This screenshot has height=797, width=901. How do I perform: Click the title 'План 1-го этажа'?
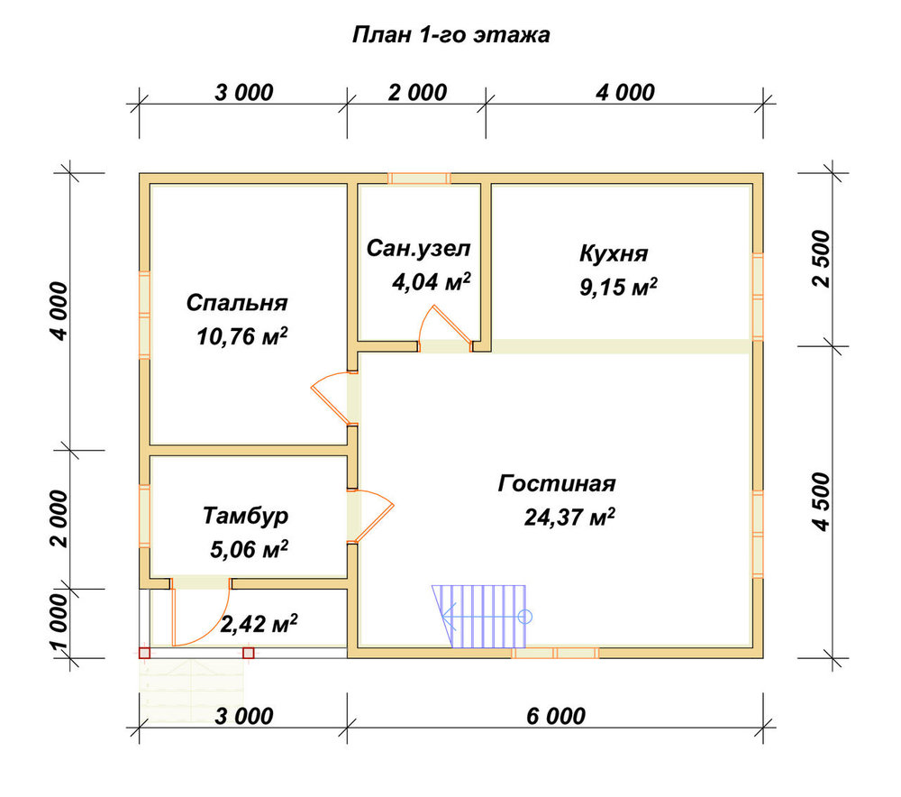pos(450,35)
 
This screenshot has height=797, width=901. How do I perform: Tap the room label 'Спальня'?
pos(237,302)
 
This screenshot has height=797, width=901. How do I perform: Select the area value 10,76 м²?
pos(241,335)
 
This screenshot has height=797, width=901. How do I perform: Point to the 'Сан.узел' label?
pos(418,249)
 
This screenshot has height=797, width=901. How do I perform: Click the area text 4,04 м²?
pos(431,282)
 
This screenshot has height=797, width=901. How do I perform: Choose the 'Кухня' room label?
pos(613,253)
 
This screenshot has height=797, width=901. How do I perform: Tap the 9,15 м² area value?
pos(618,287)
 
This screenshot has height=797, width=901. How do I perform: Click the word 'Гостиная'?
pos(557,483)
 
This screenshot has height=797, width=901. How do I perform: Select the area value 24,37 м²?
pos(569,517)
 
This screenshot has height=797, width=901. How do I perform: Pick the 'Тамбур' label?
pos(245,516)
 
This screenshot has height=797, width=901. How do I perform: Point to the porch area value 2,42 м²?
pos(259,623)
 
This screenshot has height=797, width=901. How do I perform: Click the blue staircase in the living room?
pos(481,617)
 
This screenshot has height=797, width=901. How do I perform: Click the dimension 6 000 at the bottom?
pos(556,716)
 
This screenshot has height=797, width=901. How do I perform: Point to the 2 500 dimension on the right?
pos(822,259)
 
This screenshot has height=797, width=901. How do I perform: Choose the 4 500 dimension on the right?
pos(822,502)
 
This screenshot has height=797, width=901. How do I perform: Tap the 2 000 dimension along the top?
pos(417,93)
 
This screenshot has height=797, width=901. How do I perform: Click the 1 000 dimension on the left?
pos(59,623)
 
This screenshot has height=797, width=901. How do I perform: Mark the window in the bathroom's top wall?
pos(419,179)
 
